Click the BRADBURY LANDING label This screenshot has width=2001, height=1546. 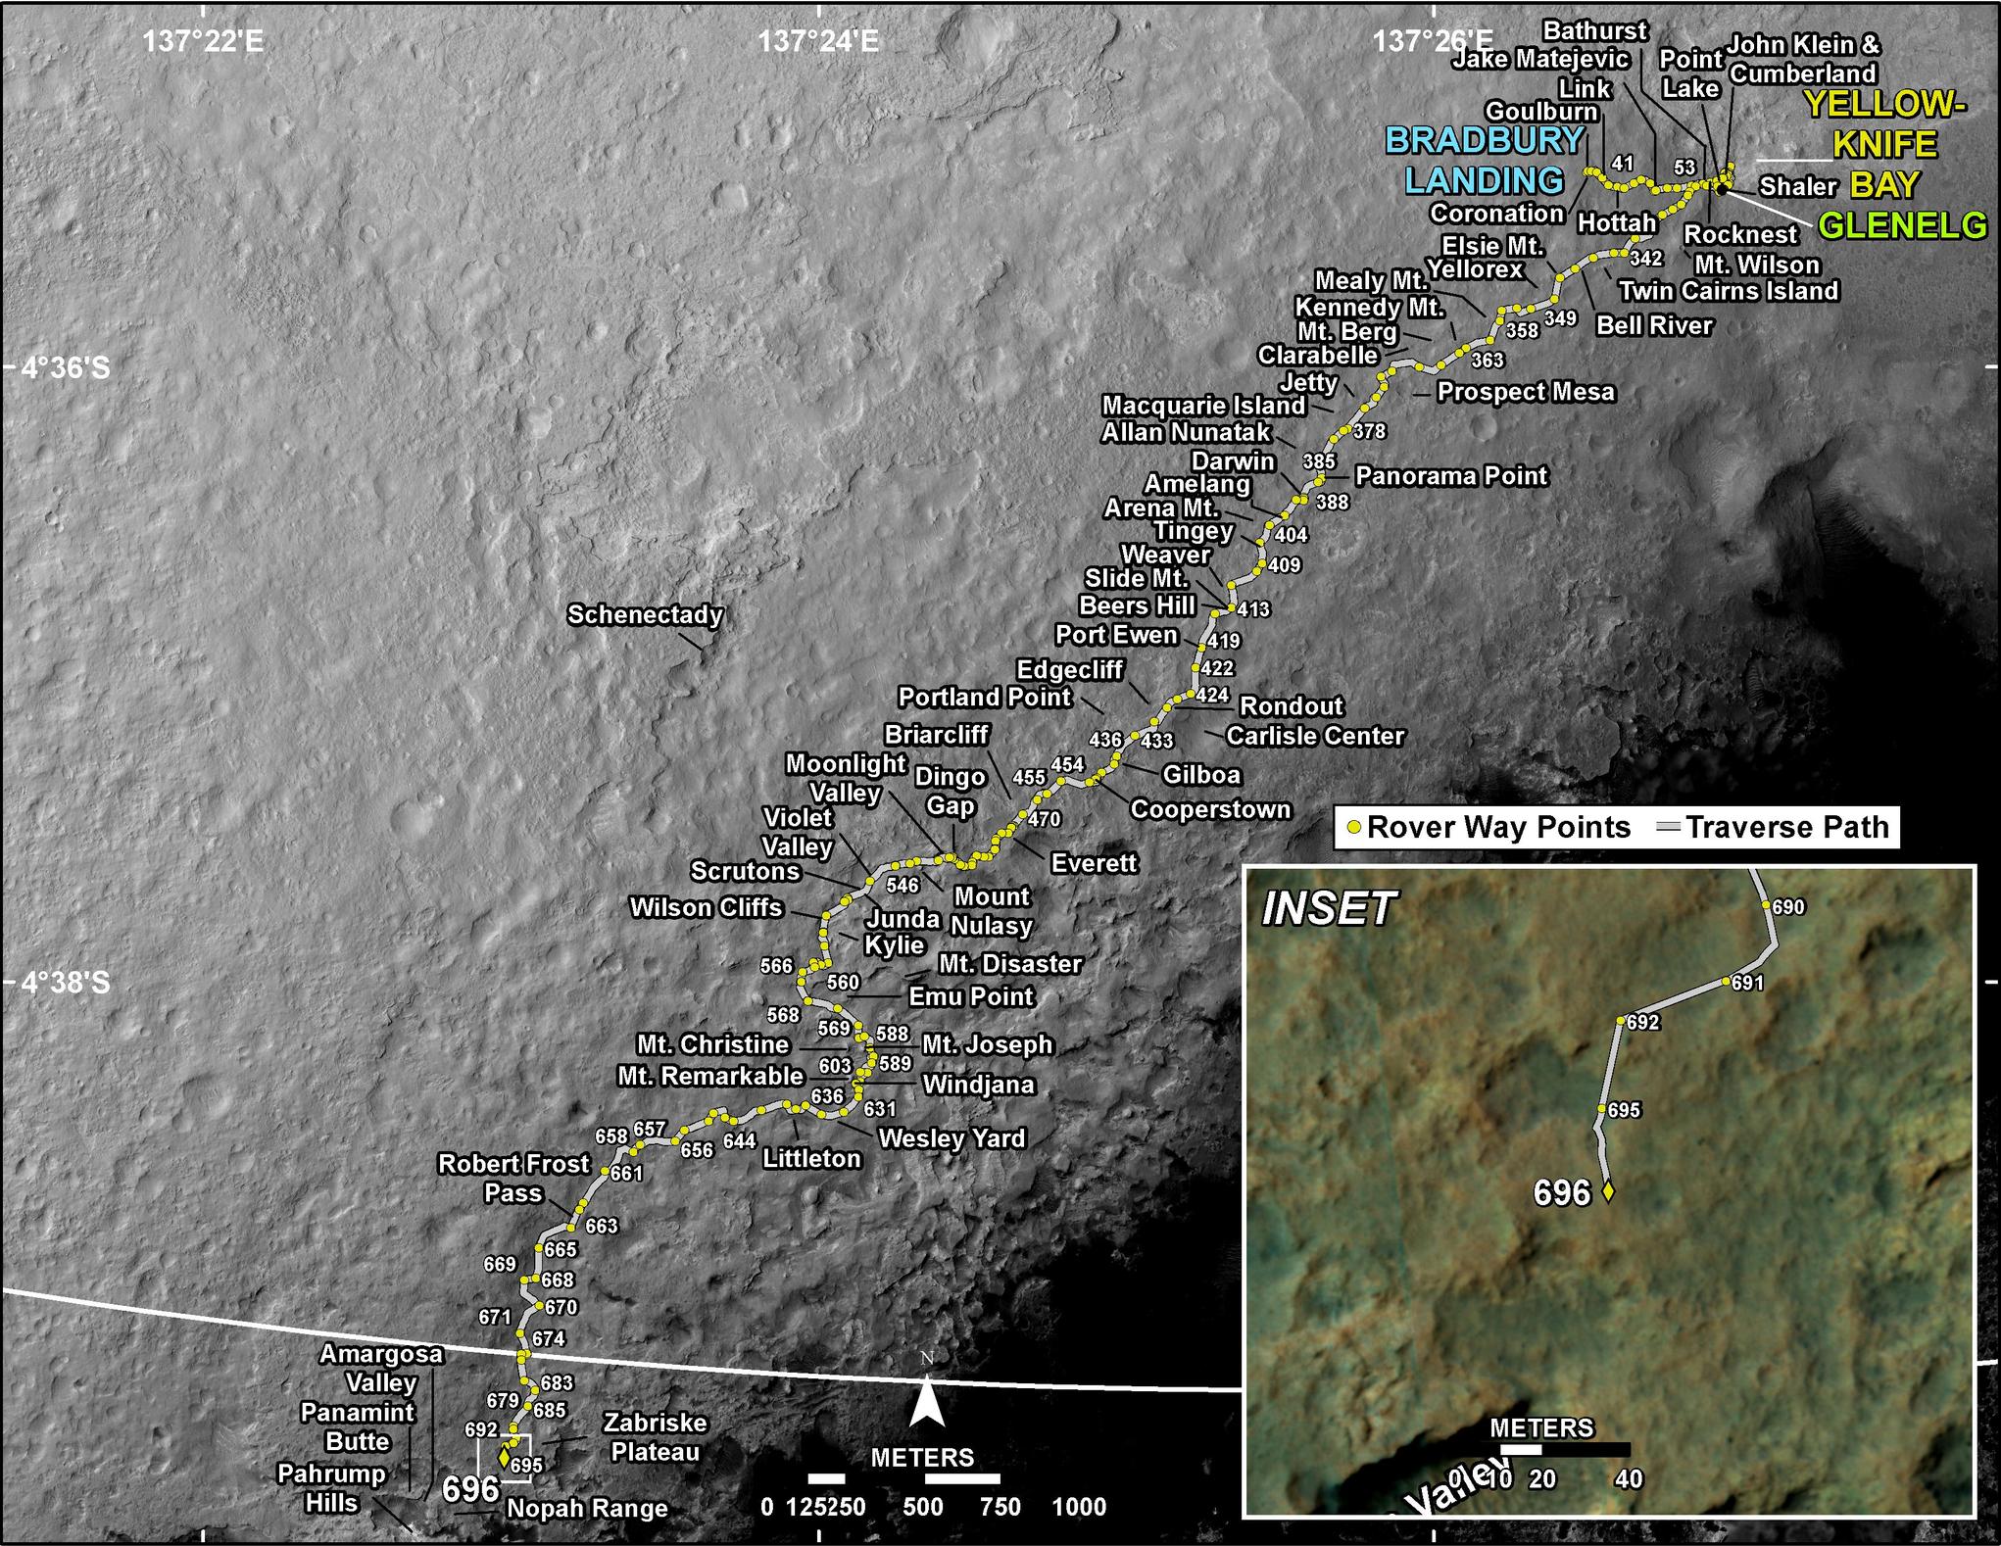pyautogui.click(x=1485, y=160)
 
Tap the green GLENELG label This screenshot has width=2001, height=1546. pyautogui.click(x=1902, y=225)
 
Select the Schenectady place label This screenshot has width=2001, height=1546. pyautogui.click(x=645, y=614)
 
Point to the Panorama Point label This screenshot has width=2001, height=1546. pyautogui.click(x=1450, y=476)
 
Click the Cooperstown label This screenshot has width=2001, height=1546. pyautogui.click(x=1210, y=809)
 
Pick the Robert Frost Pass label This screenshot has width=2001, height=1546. pyautogui.click(x=513, y=1178)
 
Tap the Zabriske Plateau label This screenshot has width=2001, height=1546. pyautogui.click(x=655, y=1436)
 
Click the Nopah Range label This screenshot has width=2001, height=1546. pyautogui.click(x=587, y=1509)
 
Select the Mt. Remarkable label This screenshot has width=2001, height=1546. pyautogui.click(x=710, y=1076)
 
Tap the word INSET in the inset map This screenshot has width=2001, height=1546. pyautogui.click(x=1328, y=908)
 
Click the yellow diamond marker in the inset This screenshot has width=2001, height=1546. pyautogui.click(x=1607, y=1192)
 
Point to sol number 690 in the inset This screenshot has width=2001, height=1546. pyautogui.click(x=1788, y=907)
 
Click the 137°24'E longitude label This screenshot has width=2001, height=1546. pyautogui.click(x=818, y=41)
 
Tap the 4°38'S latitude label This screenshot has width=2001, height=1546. pyautogui.click(x=66, y=982)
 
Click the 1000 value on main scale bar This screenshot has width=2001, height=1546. pyautogui.click(x=1079, y=1507)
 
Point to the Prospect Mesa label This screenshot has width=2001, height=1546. pyautogui.click(x=1525, y=392)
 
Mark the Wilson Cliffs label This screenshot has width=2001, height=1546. pyautogui.click(x=706, y=907)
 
